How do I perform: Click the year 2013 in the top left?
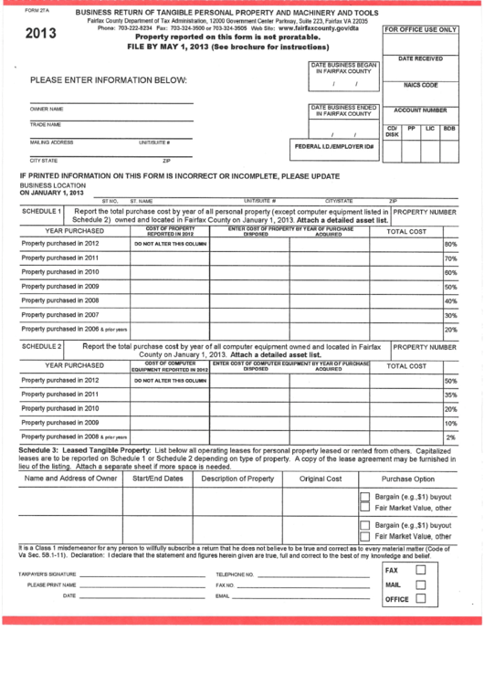click(40, 34)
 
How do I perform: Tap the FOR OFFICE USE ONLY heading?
click(420, 30)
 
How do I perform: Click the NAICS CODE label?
click(421, 85)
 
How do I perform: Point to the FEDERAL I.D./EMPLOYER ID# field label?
click(334, 146)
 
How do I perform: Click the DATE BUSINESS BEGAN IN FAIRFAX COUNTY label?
click(343, 68)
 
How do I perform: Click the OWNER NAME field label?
click(47, 109)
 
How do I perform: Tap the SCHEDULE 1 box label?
click(41, 211)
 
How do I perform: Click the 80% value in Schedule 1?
click(450, 245)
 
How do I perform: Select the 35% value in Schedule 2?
click(450, 395)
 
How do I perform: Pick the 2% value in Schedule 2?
click(451, 437)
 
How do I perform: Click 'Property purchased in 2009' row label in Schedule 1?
click(60, 286)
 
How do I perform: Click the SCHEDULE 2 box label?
click(41, 347)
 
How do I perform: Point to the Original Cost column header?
click(321, 479)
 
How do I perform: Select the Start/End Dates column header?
click(158, 479)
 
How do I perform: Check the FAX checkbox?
click(421, 570)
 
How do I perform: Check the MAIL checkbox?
click(421, 584)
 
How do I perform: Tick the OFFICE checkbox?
click(421, 600)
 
